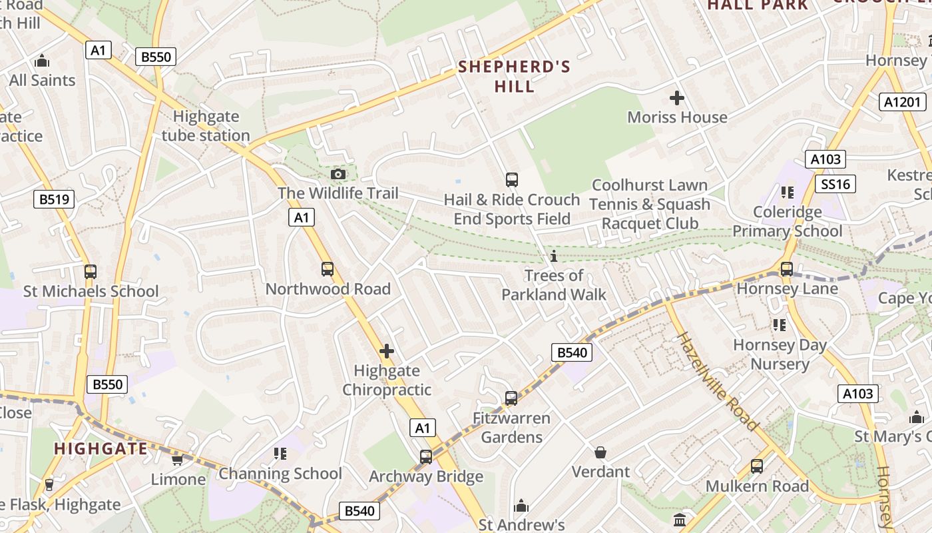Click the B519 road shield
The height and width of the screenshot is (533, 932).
pyautogui.click(x=54, y=199)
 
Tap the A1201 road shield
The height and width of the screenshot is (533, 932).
pyautogui.click(x=903, y=102)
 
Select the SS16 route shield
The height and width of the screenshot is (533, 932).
pyautogui.click(x=835, y=184)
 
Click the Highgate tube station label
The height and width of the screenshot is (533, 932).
pyautogui.click(x=206, y=126)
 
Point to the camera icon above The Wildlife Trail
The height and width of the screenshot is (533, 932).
pyautogui.click(x=338, y=175)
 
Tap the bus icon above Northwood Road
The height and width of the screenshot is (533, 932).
pyautogui.click(x=328, y=269)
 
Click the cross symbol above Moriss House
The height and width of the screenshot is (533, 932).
pyautogui.click(x=677, y=99)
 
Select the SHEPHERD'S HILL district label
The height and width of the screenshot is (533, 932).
pyautogui.click(x=515, y=77)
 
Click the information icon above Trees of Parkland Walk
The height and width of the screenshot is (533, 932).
pyautogui.click(x=554, y=257)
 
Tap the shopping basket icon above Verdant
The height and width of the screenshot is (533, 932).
pyautogui.click(x=600, y=453)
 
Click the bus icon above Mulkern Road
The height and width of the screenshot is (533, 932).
pyautogui.click(x=757, y=466)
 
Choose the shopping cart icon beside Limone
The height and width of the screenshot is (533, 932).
pyautogui.click(x=177, y=460)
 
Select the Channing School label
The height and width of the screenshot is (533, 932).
pyautogui.click(x=280, y=474)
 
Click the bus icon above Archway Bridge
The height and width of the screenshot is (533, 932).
pyautogui.click(x=426, y=457)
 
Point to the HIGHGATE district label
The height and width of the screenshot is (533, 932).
pyautogui.click(x=101, y=448)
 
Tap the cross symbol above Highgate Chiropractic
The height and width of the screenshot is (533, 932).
pyautogui.click(x=387, y=351)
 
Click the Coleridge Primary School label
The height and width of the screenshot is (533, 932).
pyautogui.click(x=788, y=221)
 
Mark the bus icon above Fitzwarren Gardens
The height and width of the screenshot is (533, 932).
pyautogui.click(x=511, y=398)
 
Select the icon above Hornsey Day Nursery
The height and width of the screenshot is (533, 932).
pyautogui.click(x=780, y=325)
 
